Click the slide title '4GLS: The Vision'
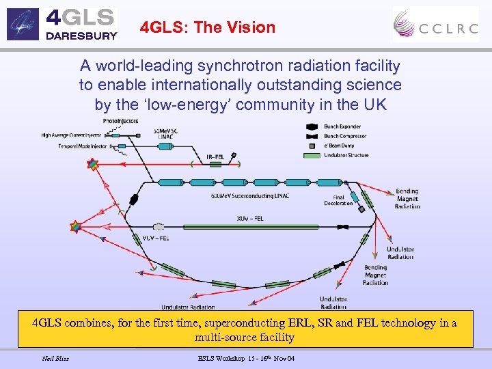[207, 28]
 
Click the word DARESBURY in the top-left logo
[81, 36]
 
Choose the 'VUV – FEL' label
[156, 238]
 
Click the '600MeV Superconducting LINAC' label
[257, 197]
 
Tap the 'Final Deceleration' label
[338, 200]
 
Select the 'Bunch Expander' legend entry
[342, 127]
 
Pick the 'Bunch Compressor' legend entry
[345, 136]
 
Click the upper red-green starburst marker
[91, 165]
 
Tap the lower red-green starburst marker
[73, 226]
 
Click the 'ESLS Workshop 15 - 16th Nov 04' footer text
[246, 358]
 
